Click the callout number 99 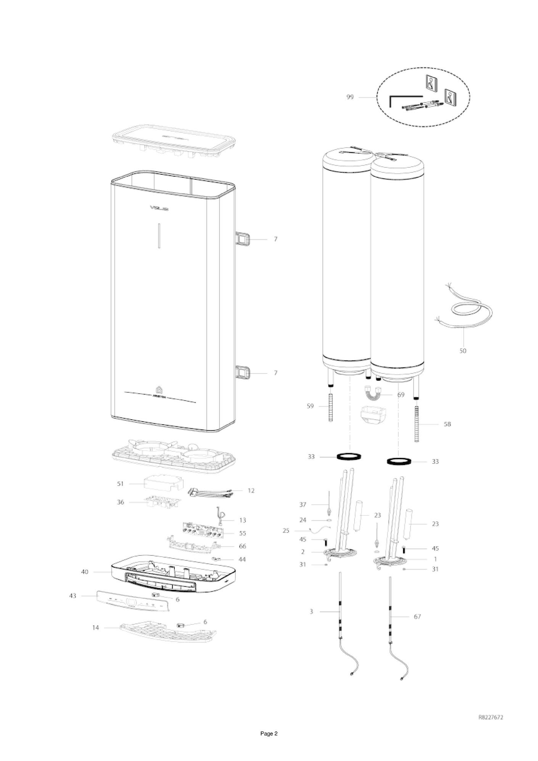click(350, 97)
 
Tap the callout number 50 click(462, 351)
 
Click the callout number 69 click(401, 395)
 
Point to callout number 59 click(310, 406)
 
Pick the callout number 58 click(447, 424)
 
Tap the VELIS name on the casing click(159, 208)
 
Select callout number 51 click(121, 484)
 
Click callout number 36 click(121, 502)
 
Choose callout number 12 click(251, 491)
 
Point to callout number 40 click(85, 572)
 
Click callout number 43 click(72, 596)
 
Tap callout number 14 click(95, 627)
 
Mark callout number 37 click(303, 505)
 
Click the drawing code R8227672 click(491, 718)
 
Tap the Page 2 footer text click(269, 744)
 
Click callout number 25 click(286, 530)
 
